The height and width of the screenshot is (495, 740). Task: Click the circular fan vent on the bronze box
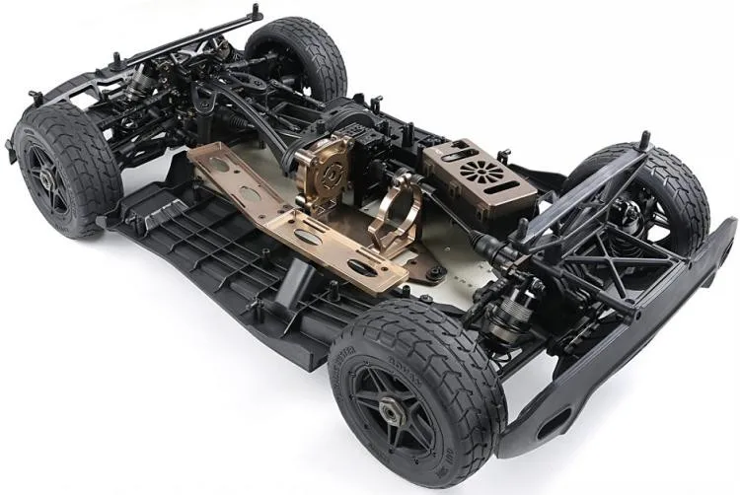(x=482, y=171)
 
